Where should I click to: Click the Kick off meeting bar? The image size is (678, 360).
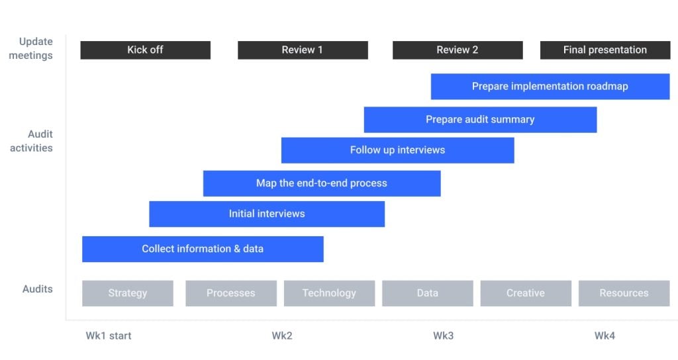pos(145,50)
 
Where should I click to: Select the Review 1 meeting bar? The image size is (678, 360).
pos(303,50)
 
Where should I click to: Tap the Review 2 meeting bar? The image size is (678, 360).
pos(458,50)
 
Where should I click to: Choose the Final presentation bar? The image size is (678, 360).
pos(605,50)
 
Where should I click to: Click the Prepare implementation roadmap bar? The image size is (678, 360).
pos(550,87)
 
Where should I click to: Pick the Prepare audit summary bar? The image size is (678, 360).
pos(481,120)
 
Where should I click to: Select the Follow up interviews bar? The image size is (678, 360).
pos(398,150)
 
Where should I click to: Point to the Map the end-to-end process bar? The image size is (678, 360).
pos(322,183)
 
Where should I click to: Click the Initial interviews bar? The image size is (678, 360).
pos(267,214)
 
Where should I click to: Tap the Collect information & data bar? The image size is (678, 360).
pos(203,249)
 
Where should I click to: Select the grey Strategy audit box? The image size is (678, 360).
pos(128,293)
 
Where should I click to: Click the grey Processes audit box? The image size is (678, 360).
pos(231,293)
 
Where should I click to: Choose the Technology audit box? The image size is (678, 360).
pos(330,293)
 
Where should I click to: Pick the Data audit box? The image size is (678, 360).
pos(428,293)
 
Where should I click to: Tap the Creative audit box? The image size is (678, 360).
pos(526,293)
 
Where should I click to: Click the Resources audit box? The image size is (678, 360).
pos(624,293)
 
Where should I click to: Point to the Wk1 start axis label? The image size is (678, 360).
pos(109,336)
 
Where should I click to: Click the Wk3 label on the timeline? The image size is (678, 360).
pos(443,336)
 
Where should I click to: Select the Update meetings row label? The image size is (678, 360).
pos(31,48)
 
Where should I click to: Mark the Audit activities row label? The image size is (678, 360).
pos(32,141)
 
